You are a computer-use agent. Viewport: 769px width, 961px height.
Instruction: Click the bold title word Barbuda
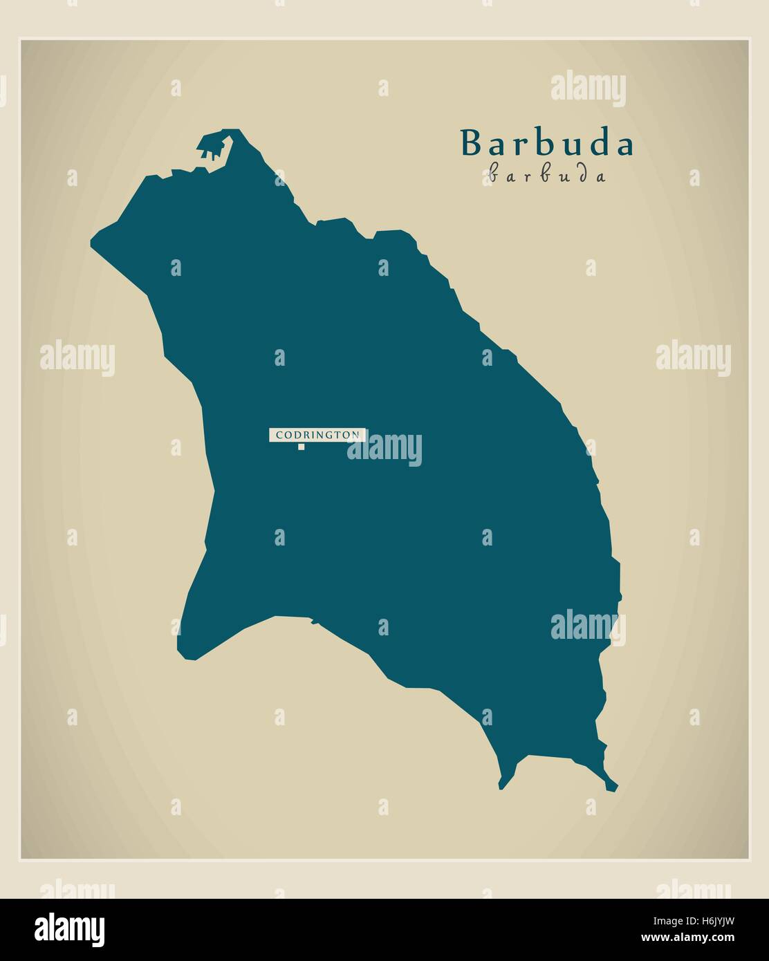pos(547,144)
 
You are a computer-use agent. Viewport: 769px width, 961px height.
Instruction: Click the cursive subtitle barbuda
pos(547,175)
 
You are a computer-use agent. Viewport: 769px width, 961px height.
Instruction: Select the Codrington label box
pos(317,435)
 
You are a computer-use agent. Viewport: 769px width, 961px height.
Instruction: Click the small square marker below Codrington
pos(301,447)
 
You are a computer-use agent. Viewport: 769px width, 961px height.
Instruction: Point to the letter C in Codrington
pos(279,435)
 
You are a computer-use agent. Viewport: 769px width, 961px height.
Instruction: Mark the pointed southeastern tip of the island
pos(613,785)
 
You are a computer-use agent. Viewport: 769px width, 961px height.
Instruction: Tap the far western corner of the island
pos(93,242)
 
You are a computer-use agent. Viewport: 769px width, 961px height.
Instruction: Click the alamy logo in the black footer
pos(70,929)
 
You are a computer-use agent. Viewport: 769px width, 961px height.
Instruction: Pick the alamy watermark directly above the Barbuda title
pos(588,90)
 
